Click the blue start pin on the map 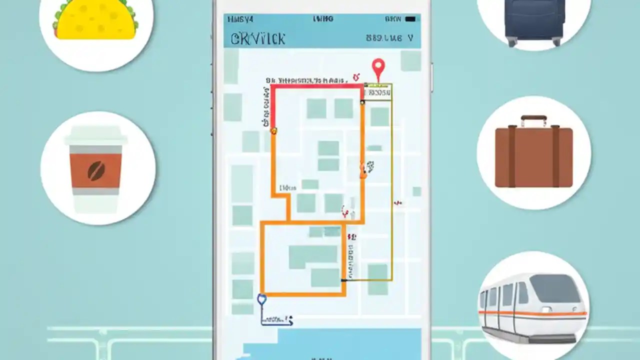point(261,299)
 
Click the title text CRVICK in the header point(258,39)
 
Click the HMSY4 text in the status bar point(240,19)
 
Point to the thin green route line point(392,200)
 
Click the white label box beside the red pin point(378,92)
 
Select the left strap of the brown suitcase point(512,155)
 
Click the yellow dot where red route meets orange point(273,131)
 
